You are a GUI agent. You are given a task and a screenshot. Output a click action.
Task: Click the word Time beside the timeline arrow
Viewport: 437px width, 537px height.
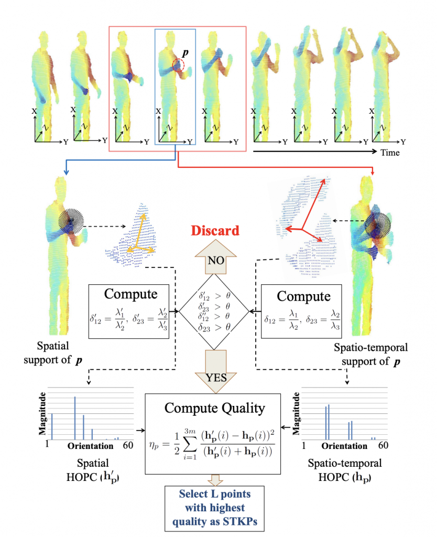click(x=390, y=153)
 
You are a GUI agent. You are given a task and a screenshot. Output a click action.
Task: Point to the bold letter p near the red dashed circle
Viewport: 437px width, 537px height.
click(x=185, y=53)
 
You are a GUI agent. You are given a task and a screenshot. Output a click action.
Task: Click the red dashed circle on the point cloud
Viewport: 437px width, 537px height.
click(x=179, y=66)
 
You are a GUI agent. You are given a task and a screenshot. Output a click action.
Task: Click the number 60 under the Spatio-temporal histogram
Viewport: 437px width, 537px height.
click(x=383, y=446)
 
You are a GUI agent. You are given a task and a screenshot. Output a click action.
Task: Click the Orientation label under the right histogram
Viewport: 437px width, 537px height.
click(x=344, y=446)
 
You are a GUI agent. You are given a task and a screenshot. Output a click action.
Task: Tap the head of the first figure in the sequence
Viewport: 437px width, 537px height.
click(x=46, y=38)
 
